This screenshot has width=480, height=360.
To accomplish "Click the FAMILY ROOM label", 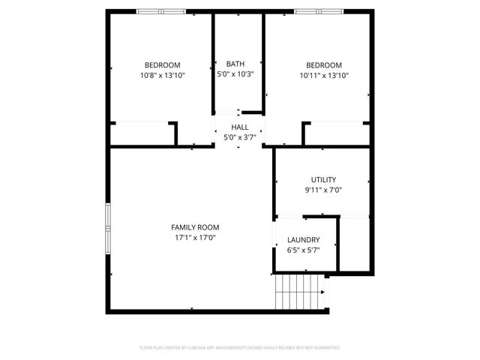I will tap(195, 227).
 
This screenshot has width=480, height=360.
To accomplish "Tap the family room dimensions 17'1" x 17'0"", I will tap(195, 238).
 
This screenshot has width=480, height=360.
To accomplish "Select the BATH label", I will tap(235, 64).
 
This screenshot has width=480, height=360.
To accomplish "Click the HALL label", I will tap(240, 127).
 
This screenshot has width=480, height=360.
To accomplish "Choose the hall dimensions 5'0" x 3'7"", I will tap(240, 138).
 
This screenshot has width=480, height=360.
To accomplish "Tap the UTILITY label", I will tap(323, 180).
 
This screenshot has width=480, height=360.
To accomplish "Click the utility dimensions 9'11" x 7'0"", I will tap(323, 190).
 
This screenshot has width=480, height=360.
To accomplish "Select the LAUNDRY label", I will tap(303, 240).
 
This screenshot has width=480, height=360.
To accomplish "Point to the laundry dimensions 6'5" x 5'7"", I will tap(303, 250).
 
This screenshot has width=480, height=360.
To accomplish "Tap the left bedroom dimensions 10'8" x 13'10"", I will tap(162, 75).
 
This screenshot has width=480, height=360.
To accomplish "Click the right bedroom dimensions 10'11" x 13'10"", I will tap(324, 75).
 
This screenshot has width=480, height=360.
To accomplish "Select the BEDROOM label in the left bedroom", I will tap(162, 65).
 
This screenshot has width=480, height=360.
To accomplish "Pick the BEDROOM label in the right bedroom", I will tap(324, 65).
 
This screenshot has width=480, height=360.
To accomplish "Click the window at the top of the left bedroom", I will tap(160, 11).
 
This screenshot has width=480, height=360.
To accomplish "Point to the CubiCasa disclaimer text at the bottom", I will tap(240, 348).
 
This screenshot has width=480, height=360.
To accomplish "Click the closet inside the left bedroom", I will tap(142, 133).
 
